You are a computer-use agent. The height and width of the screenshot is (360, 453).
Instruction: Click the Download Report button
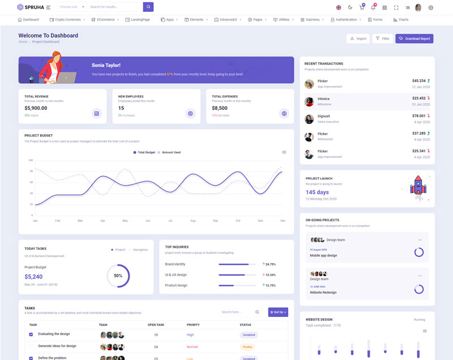tap(414, 38)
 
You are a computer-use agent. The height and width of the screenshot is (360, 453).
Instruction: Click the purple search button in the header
tap(148, 7)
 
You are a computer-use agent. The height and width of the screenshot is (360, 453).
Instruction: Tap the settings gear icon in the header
tap(431, 7)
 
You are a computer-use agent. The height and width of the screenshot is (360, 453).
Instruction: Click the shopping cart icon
tap(361, 7)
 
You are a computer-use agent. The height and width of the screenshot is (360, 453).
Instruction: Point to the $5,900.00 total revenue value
tap(36, 108)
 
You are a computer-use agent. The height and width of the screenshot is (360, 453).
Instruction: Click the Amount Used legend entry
tap(169, 152)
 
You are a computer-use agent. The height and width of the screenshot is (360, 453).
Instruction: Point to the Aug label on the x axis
tap(193, 220)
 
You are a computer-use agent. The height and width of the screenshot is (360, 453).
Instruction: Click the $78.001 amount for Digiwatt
tap(418, 116)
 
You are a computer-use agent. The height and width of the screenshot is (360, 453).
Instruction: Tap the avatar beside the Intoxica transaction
tap(309, 101)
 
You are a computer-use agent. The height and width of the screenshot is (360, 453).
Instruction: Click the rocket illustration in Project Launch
tap(417, 187)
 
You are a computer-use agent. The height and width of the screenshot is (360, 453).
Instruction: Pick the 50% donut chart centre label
tap(118, 276)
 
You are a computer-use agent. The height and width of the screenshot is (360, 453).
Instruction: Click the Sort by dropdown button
tap(278, 312)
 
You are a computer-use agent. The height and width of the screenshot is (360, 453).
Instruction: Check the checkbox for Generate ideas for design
tap(31, 346)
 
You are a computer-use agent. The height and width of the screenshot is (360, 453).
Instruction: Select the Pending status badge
tap(247, 346)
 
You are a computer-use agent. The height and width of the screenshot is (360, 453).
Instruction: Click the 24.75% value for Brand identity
tap(270, 264)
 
